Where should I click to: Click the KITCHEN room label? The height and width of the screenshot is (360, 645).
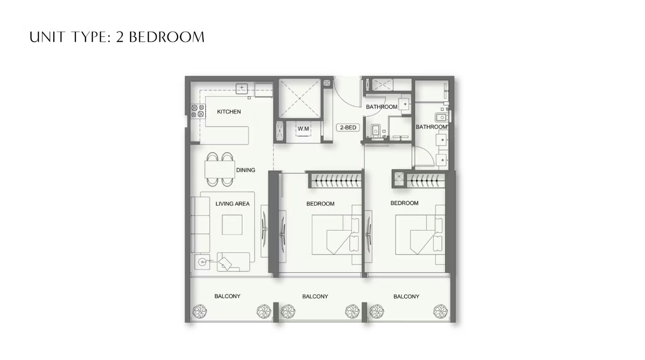pos(229,112)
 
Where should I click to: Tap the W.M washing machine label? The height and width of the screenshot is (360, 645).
pos(303,128)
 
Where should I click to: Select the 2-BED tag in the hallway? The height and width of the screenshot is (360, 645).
pos(348,128)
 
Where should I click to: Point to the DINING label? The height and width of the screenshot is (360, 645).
pos(246,170)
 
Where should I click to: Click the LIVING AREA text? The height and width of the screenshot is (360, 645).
pos(233,204)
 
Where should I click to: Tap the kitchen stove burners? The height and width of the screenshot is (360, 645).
pos(198,111)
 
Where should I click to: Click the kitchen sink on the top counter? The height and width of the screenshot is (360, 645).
pos(242,88)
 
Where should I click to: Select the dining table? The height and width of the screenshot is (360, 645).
pos(220,169)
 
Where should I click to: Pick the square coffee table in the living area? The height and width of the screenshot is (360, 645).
pos(232,225)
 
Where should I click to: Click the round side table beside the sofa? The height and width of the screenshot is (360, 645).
pos(202,262)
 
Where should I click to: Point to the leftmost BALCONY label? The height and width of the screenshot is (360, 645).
pos(227,296)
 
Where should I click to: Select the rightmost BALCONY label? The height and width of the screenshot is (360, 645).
pos(406,296)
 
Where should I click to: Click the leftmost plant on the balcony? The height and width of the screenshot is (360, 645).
pos(200,311)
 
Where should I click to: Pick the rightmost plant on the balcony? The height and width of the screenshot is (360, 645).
pos(441,311)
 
